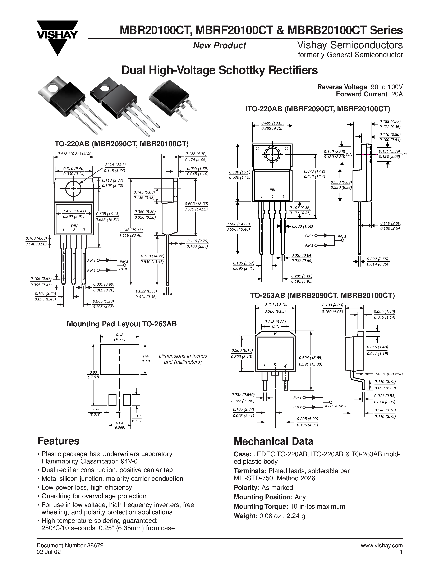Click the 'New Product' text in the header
(x=219, y=46)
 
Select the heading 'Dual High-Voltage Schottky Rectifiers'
(x=220, y=70)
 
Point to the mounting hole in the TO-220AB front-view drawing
(x=73, y=189)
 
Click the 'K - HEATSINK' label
(x=336, y=406)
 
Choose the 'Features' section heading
(x=59, y=441)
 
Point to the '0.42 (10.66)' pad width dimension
(x=120, y=337)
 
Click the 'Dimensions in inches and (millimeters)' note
(x=183, y=359)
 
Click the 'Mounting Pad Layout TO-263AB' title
(x=122, y=324)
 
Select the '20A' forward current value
(x=397, y=94)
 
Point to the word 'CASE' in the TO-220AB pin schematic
(x=124, y=269)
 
